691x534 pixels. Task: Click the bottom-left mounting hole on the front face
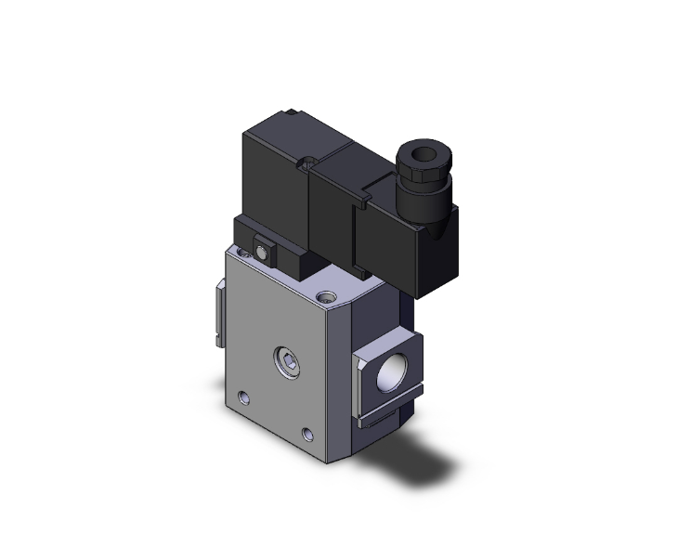coord(244,398)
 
